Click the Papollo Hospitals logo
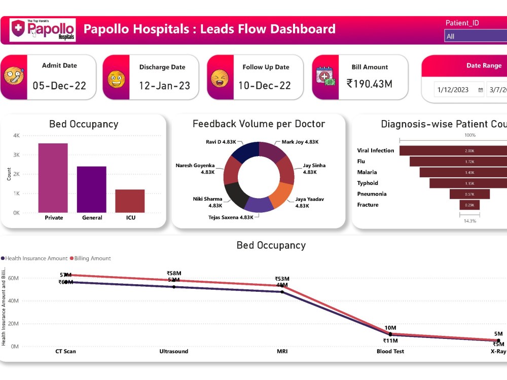(x=43, y=30)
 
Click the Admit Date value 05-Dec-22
(x=59, y=86)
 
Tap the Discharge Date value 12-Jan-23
(x=164, y=86)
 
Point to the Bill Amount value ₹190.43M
(x=369, y=84)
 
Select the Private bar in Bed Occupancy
(x=53, y=177)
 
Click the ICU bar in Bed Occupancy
(x=130, y=201)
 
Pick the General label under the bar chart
(x=92, y=218)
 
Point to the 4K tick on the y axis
(x=16, y=136)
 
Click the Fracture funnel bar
(x=469, y=205)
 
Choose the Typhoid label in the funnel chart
(x=368, y=183)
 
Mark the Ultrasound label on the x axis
(x=174, y=351)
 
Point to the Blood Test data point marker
(x=390, y=334)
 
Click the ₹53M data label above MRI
(x=282, y=279)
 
